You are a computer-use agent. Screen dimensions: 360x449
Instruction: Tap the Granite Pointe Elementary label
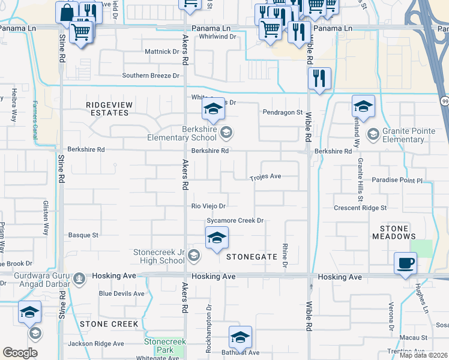[395, 136]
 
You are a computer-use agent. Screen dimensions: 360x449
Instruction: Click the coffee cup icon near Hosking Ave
[405, 263]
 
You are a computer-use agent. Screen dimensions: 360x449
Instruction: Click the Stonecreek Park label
[165, 346]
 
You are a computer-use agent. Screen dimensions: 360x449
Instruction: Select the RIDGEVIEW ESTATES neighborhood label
[107, 109]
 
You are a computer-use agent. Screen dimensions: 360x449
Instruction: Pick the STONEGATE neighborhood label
[252, 257]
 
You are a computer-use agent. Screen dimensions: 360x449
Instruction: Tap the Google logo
[20, 353]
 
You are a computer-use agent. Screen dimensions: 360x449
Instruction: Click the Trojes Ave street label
[266, 177]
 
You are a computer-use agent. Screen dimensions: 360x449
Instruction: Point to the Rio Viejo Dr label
[208, 206]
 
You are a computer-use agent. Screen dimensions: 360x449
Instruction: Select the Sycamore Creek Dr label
[235, 221]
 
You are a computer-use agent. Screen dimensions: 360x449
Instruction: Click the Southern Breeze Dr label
[151, 76]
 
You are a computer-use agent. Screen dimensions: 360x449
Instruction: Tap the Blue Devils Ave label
[122, 294]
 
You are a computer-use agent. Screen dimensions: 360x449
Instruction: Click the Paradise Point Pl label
[397, 180]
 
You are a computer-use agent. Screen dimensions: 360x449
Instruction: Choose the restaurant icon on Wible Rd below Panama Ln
[319, 79]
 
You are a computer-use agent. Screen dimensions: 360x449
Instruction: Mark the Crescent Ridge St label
[360, 208]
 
